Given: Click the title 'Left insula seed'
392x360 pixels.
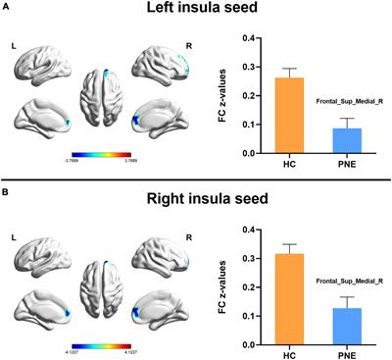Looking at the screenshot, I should pos(196,12).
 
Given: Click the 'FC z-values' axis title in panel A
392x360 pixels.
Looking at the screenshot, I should pos(209,93).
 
